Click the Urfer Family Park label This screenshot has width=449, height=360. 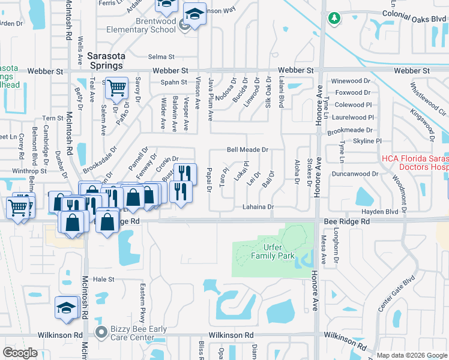[273, 251]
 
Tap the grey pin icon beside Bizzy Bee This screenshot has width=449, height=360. [101, 331]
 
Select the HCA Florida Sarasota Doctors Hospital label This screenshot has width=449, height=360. [415, 163]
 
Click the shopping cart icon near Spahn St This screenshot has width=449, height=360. [117, 89]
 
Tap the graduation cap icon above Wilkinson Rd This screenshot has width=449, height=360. [66, 308]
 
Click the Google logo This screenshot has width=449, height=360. [20, 353]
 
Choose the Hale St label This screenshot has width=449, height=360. [103, 279]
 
